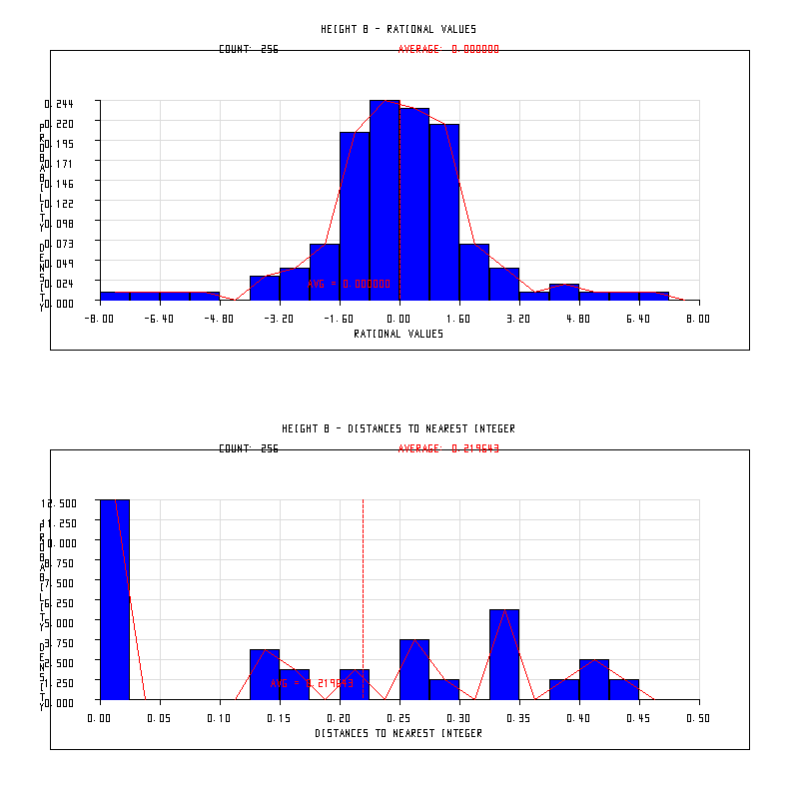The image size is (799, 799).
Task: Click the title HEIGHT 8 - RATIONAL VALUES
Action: [x=399, y=29]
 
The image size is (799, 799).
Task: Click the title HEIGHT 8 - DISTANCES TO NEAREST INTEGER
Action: [x=399, y=428]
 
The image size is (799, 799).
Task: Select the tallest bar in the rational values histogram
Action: [x=385, y=200]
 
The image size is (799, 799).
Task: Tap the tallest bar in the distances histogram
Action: [x=115, y=599]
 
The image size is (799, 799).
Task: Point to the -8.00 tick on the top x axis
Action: [x=100, y=319]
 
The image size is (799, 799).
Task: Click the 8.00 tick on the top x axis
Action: [x=699, y=319]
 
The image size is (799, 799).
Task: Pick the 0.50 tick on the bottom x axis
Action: [x=699, y=718]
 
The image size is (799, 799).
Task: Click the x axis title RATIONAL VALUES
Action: [x=399, y=334]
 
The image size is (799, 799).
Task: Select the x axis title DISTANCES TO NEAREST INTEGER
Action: [x=399, y=733]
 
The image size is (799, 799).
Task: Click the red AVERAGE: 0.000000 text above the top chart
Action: [x=448, y=49]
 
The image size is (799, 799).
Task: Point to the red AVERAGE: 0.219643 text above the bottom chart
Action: [x=448, y=448]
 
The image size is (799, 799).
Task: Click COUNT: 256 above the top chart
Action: [x=249, y=49]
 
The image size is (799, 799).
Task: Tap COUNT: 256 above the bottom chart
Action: [x=249, y=448]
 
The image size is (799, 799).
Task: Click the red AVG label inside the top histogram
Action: [x=349, y=284]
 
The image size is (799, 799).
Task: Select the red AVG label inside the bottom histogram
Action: [x=312, y=683]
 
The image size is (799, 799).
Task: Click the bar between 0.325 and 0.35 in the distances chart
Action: [x=504, y=654]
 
